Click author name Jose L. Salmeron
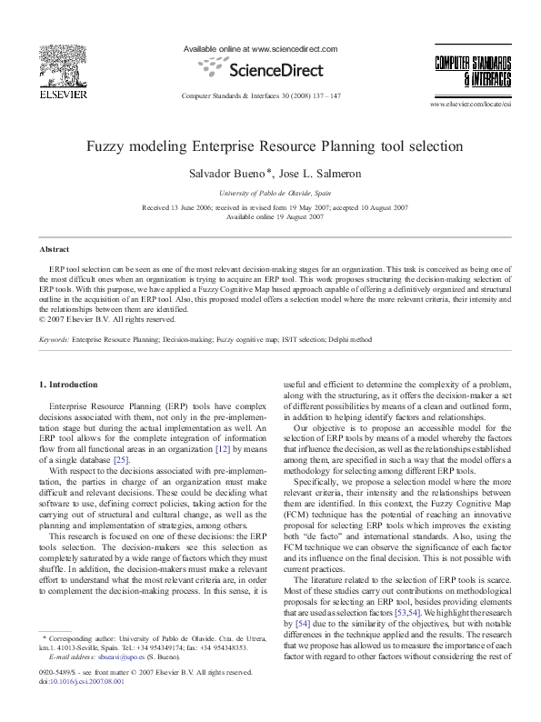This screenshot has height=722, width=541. pyautogui.click(x=314, y=173)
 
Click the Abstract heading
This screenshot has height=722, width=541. pyautogui.click(x=55, y=248)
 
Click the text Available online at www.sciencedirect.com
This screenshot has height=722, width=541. pyautogui.click(x=261, y=48)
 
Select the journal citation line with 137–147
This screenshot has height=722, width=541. pyautogui.click(x=261, y=95)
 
